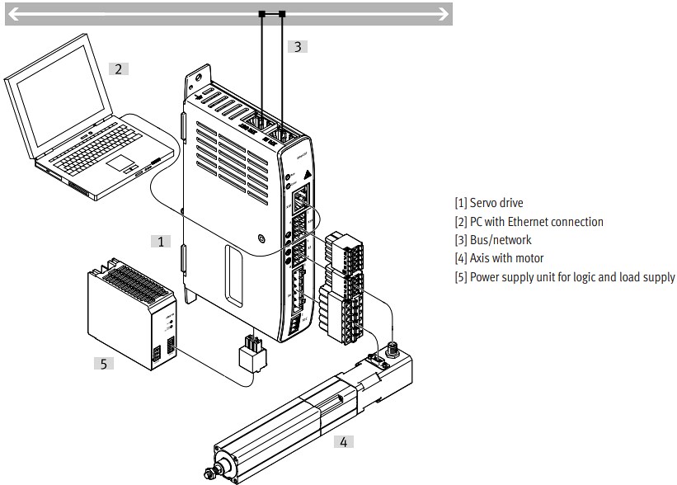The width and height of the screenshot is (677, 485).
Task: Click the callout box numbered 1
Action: tap(162, 241)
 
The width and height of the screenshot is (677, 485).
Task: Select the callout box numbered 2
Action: tap(119, 68)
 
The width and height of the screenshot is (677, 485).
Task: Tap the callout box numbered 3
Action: tap(298, 47)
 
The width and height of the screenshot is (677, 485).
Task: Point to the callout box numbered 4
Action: tap(343, 441)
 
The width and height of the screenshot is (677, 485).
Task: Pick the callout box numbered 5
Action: tap(103, 362)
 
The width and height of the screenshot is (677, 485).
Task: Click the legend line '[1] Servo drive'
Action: tap(488, 203)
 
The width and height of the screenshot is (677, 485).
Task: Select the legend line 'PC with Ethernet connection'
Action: tap(529, 222)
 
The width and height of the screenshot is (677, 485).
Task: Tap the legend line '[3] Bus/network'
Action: tap(493, 240)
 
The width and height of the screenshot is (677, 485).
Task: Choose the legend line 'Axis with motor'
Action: tap(499, 258)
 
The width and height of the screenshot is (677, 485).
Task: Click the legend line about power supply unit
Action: tap(564, 277)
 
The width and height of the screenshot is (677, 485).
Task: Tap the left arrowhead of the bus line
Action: tap(13, 13)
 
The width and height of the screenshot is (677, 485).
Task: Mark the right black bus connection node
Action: tap(283, 13)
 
